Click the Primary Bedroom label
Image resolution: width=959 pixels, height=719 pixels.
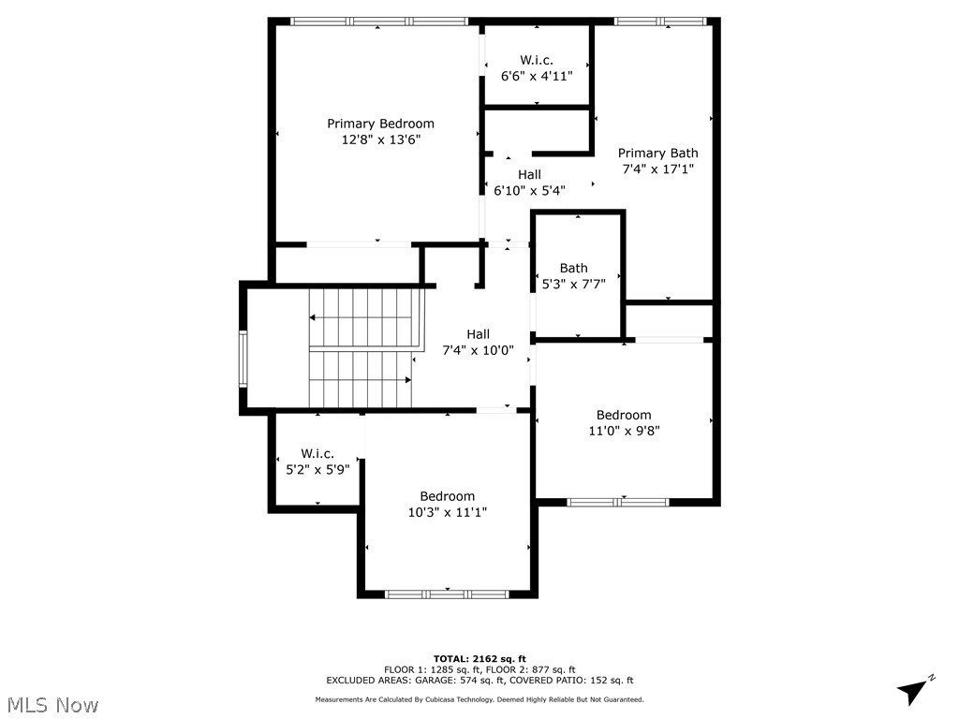(380, 124)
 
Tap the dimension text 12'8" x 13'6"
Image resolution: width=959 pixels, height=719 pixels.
(380, 139)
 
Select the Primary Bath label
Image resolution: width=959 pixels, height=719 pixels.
(657, 154)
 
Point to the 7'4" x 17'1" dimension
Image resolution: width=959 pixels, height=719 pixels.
(657, 169)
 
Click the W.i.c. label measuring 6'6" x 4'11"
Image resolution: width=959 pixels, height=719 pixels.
(537, 60)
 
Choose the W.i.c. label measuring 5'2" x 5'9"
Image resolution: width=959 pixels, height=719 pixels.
(317, 453)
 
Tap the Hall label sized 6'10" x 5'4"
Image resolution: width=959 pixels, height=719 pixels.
(529, 174)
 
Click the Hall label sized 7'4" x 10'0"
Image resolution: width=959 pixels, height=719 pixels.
(478, 334)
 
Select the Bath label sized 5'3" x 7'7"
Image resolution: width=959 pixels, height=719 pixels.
(573, 268)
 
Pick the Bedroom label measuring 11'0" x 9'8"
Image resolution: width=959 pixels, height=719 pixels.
(624, 415)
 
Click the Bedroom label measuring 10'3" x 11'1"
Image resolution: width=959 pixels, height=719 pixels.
(447, 496)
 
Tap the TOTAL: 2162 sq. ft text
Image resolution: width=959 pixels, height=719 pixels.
(479, 658)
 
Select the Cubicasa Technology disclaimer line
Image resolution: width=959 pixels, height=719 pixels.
(479, 699)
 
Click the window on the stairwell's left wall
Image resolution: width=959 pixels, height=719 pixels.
(243, 359)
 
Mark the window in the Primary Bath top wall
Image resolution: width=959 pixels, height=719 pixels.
(659, 21)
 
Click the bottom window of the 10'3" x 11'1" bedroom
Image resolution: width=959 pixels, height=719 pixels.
(447, 594)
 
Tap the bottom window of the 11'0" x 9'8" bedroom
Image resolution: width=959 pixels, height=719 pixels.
(618, 502)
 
